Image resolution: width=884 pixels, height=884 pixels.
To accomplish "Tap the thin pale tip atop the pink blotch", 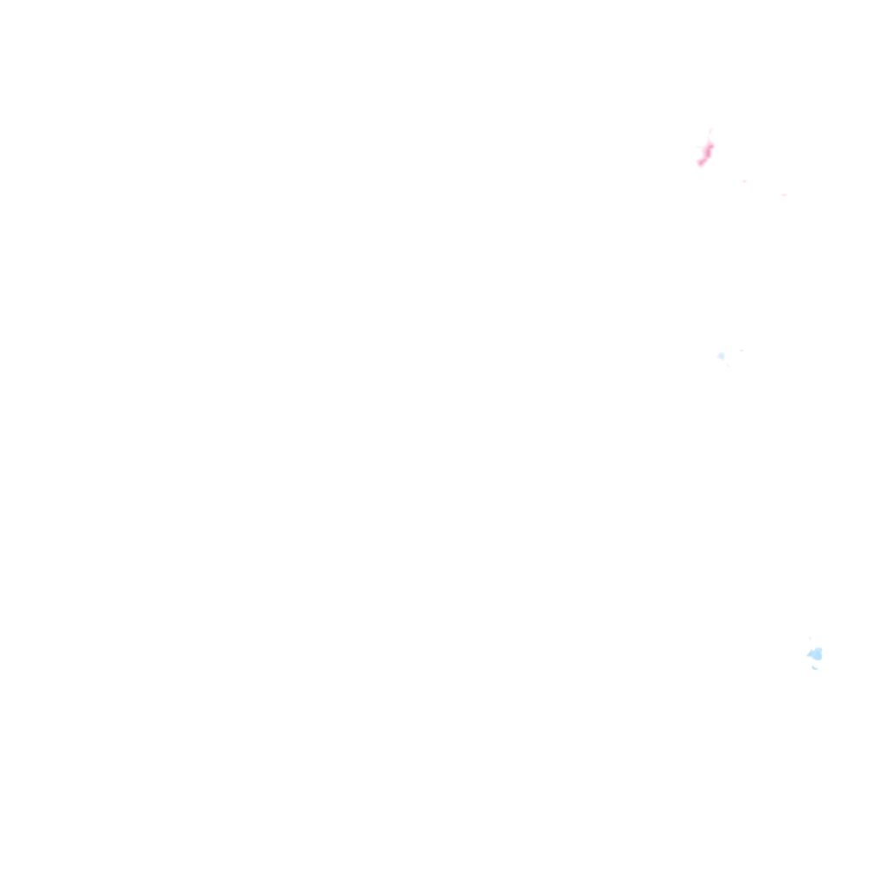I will [x=710, y=131].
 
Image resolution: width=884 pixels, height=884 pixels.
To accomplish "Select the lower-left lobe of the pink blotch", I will [x=700, y=163].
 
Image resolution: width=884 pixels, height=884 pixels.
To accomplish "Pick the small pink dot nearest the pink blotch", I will [x=744, y=180].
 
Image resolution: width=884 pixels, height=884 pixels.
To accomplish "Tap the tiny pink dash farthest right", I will [x=784, y=195].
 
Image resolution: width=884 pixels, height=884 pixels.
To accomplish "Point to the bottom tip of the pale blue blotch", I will [x=722, y=359].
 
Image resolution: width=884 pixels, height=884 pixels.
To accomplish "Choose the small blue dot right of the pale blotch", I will [x=741, y=350].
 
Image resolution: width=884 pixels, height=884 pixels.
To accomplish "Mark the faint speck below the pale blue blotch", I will [x=728, y=366].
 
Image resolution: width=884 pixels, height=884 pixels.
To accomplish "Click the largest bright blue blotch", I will [x=815, y=654].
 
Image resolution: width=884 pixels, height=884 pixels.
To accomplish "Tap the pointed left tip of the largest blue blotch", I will [x=808, y=655].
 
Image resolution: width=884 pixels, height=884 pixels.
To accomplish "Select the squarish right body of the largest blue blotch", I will [x=818, y=654].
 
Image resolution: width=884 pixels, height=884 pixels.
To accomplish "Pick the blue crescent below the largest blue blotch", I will [x=814, y=667].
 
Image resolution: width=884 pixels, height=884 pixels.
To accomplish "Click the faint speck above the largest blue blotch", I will [x=810, y=638].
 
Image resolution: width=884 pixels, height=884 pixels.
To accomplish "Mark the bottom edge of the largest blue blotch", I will [x=817, y=660].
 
